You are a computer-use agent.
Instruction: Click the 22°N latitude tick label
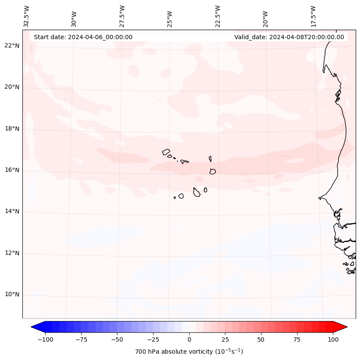[x=12, y=46]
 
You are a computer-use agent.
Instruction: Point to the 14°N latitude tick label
[x=12, y=212]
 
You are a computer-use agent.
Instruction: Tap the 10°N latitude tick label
[x=12, y=295]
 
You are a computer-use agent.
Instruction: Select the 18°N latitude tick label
[x=12, y=129]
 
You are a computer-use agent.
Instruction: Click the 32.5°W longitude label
[x=27, y=15]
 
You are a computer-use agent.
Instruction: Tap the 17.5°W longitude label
[x=313, y=15]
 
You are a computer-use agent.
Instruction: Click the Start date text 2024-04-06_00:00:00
[x=83, y=37]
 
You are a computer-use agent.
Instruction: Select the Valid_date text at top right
[x=289, y=37]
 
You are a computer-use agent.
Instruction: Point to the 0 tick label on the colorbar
[x=189, y=339]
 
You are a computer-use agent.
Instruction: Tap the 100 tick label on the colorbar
[x=333, y=339]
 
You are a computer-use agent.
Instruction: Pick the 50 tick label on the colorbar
[x=261, y=339]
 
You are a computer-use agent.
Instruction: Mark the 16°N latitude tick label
[x=12, y=170]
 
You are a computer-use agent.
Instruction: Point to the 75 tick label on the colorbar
[x=297, y=339]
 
